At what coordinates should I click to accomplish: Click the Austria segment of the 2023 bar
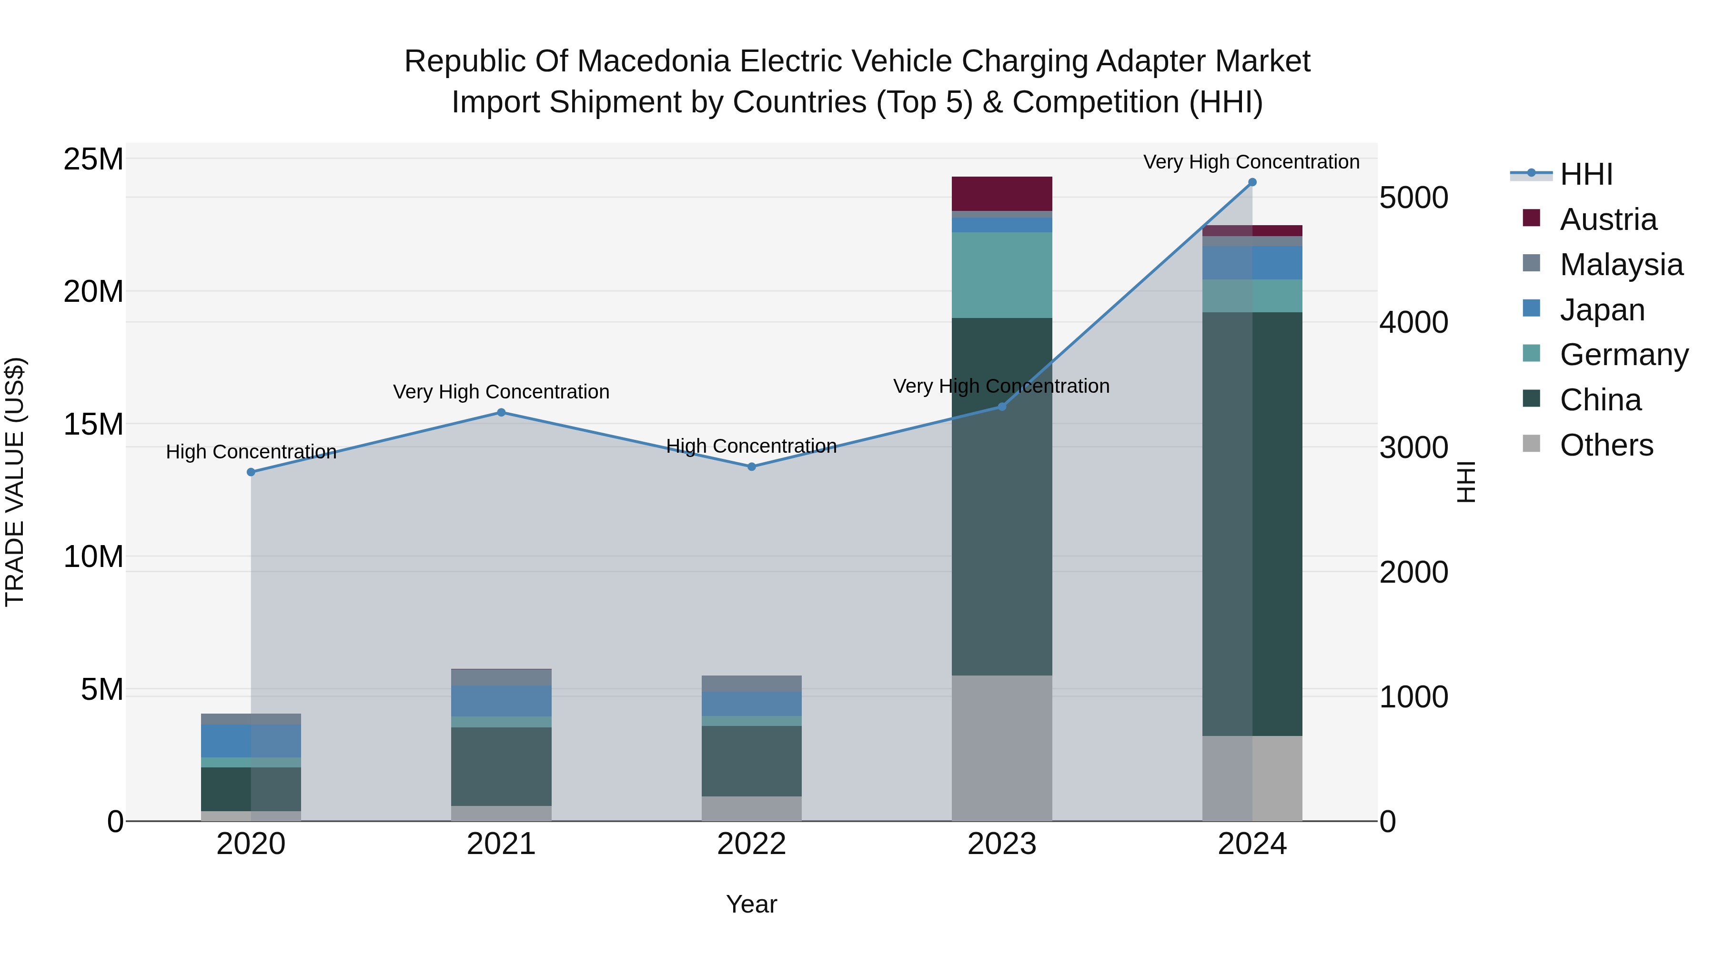(1001, 194)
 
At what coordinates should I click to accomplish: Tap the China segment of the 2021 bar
(501, 766)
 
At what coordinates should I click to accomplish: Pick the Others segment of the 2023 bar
(1001, 748)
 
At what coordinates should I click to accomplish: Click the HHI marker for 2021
(501, 412)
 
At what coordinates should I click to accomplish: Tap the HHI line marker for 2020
(251, 472)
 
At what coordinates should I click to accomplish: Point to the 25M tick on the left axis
(93, 159)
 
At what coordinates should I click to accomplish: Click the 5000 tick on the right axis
(1413, 198)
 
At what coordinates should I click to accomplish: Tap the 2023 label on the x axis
(1001, 844)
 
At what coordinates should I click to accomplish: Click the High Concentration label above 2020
(251, 452)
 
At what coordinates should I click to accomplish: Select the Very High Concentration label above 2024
(1251, 162)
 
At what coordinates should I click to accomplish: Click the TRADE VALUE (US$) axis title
(15, 482)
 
